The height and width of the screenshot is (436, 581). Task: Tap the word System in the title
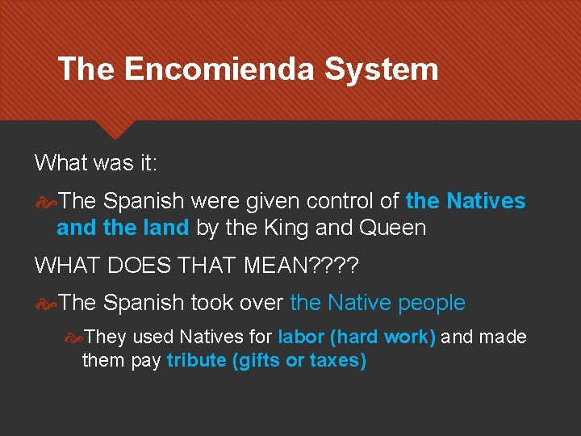(381, 69)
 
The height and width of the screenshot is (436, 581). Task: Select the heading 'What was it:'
(96, 163)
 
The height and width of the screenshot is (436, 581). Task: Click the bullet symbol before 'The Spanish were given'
(46, 201)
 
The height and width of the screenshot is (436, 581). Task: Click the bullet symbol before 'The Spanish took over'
(46, 304)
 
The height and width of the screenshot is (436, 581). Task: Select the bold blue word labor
(301, 337)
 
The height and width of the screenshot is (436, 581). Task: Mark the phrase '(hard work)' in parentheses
(383, 337)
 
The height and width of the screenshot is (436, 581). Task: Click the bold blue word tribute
(196, 360)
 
